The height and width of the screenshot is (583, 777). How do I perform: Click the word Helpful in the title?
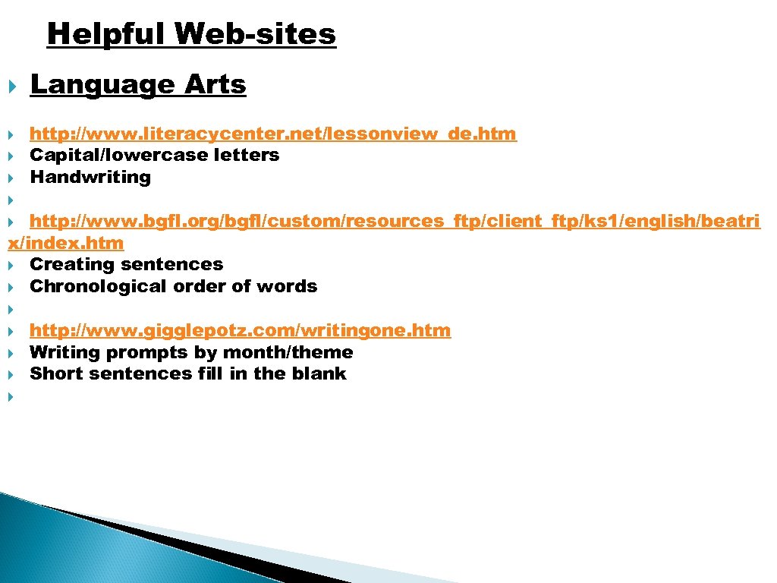pos(105,34)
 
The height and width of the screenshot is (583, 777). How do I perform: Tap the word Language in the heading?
pos(102,86)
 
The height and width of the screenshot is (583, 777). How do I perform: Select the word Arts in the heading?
pos(215,85)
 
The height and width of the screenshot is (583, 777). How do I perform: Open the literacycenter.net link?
pos(273,134)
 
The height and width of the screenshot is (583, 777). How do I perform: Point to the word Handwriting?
pos(90,178)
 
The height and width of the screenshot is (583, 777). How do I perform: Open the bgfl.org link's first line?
pos(395,222)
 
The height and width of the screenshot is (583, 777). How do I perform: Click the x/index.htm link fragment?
pos(65,244)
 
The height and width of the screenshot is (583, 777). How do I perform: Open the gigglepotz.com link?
pos(240,331)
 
